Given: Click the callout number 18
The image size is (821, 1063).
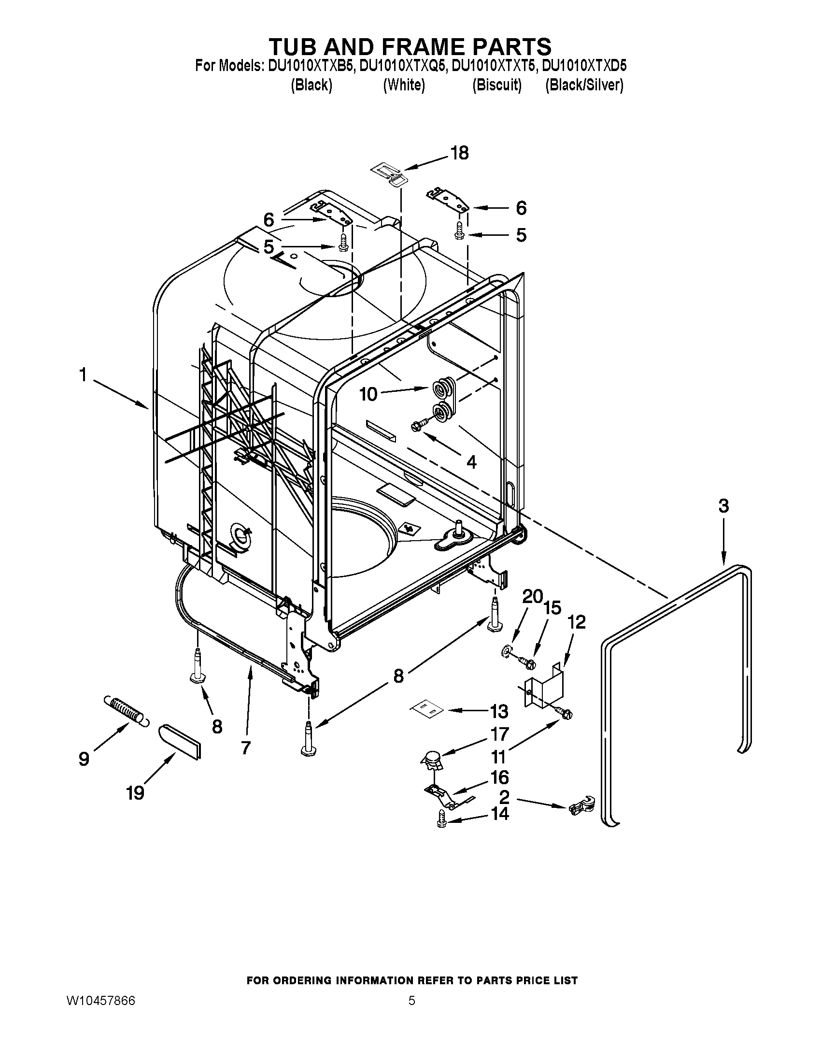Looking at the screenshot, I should pyautogui.click(x=459, y=153).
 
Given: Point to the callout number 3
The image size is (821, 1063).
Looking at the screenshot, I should pyautogui.click(x=723, y=506).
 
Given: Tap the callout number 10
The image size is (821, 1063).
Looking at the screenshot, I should pyautogui.click(x=368, y=394).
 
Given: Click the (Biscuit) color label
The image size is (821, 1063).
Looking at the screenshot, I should pyautogui.click(x=496, y=85).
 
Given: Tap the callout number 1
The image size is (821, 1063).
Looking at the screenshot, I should pyautogui.click(x=83, y=375).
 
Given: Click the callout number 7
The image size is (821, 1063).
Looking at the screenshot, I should pyautogui.click(x=245, y=747).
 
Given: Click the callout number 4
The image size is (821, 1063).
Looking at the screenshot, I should pyautogui.click(x=471, y=461).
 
